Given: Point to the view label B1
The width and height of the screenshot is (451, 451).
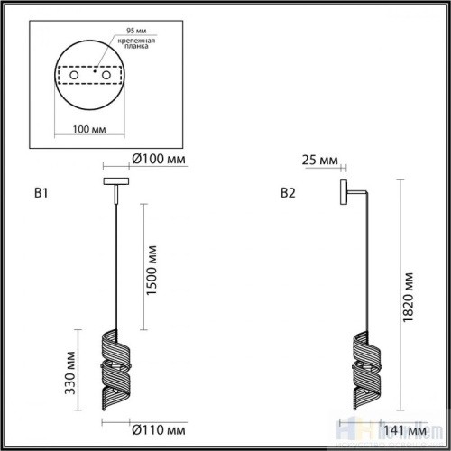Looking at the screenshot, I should click(x=40, y=192).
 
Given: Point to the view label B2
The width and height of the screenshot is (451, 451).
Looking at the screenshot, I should click(x=288, y=192).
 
